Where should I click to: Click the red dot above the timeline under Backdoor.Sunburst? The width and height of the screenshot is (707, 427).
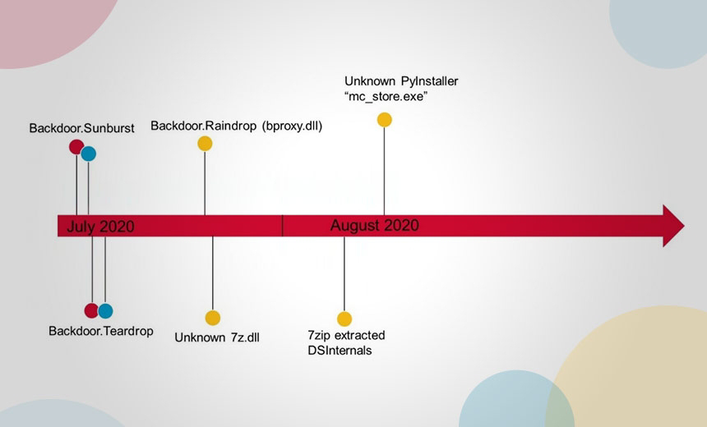coord(76,147)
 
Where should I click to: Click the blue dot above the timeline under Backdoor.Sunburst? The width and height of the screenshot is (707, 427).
coord(89,154)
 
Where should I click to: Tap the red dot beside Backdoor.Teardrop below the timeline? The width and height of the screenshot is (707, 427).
coord(92,310)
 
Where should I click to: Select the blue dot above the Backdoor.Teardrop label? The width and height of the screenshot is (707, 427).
coord(105,311)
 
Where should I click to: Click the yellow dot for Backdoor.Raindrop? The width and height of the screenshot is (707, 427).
coord(205,144)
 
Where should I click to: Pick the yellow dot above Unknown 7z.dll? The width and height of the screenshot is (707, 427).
coord(213,318)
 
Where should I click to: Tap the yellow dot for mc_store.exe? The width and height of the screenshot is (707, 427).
coord(384,120)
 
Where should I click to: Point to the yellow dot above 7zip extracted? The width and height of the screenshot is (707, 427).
coord(344,319)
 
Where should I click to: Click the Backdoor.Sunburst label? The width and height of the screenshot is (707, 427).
coord(81,128)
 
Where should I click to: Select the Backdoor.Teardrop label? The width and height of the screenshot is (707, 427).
coord(101,331)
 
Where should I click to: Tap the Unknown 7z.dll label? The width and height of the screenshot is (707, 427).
coord(217,337)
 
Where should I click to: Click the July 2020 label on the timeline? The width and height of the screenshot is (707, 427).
coord(100,227)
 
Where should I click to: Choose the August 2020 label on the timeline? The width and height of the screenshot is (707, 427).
coord(374,225)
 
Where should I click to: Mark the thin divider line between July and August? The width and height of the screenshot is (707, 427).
coord(282,226)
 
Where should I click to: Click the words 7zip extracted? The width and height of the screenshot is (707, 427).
coord(346,336)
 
